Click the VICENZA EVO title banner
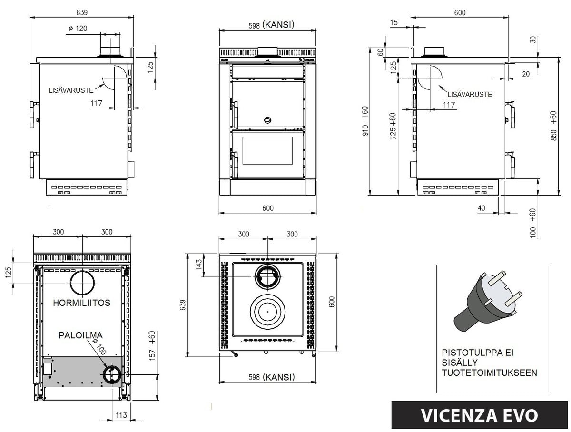coord(480,415)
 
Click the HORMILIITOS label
coord(82,303)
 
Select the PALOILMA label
coord(81,335)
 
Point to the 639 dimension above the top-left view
coord(81,11)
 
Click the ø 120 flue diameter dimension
coord(78,29)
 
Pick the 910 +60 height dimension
coord(365,121)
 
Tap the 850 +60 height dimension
coord(553,126)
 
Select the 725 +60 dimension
coord(393,126)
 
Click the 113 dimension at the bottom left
coord(121,415)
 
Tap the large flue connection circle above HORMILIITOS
coord(83,283)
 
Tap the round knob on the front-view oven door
coord(267,119)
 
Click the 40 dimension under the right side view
coord(482,207)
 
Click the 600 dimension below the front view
coord(267,208)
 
